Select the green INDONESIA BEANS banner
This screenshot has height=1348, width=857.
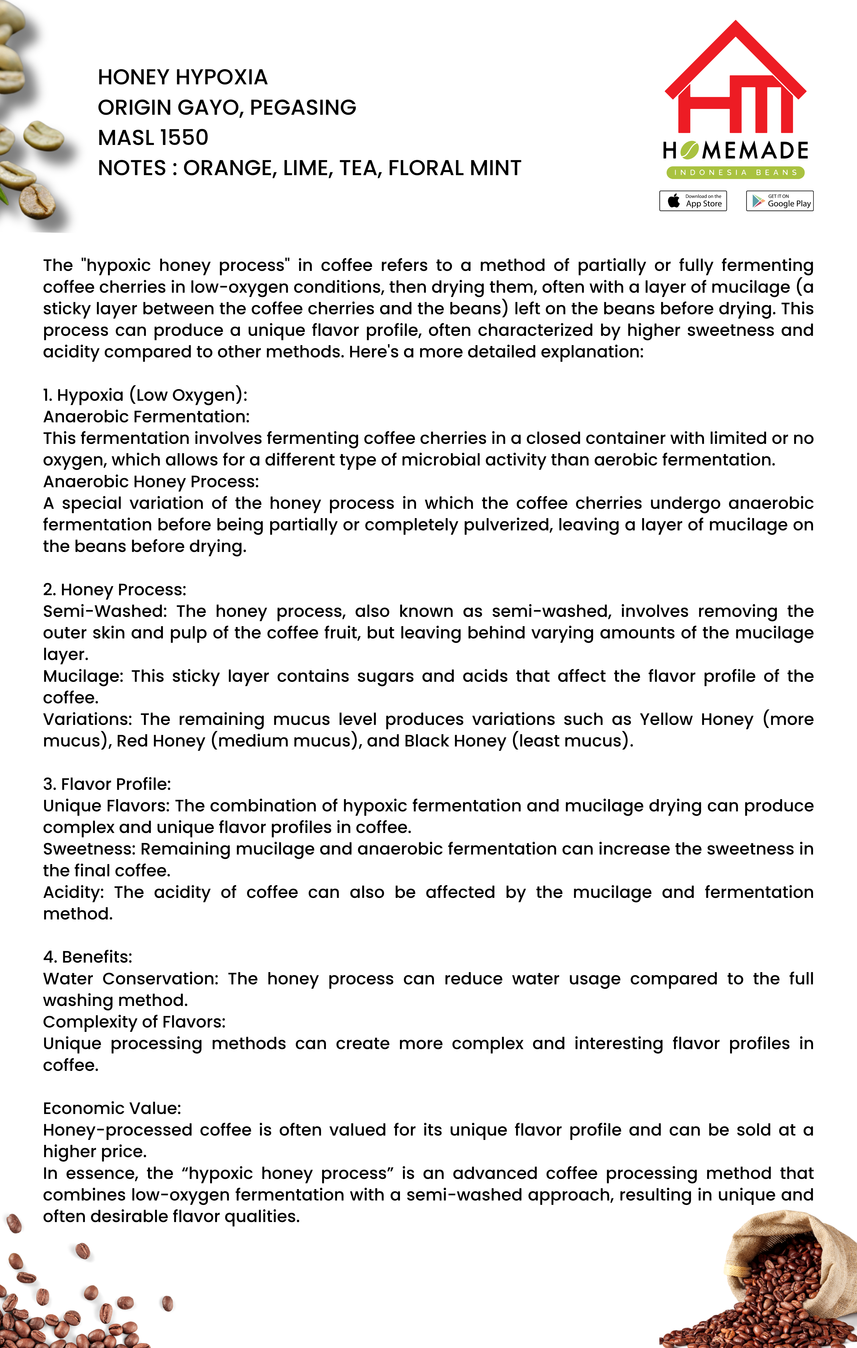(735, 172)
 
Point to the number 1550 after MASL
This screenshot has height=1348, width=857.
(184, 138)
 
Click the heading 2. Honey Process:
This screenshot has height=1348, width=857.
(115, 589)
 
